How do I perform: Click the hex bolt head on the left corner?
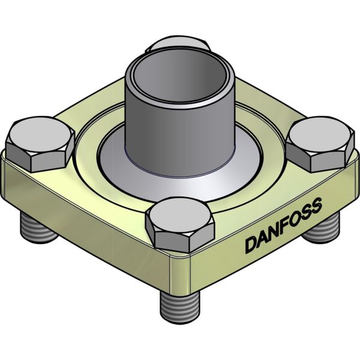40,144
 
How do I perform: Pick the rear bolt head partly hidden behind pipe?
180,46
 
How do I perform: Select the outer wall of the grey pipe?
179,138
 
